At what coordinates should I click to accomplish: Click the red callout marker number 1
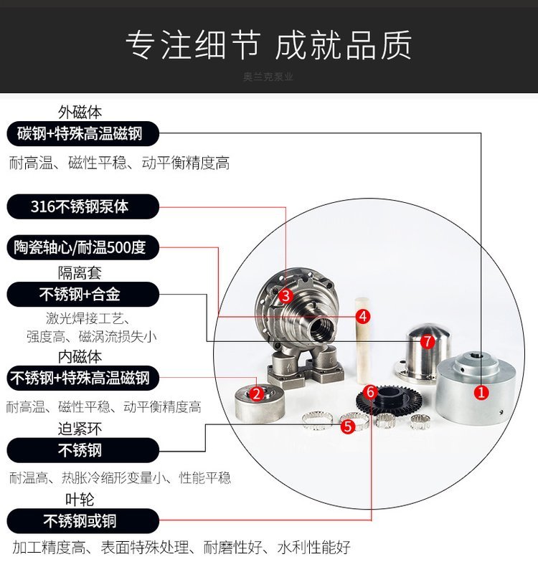[x=481, y=392]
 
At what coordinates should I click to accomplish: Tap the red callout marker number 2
[x=257, y=394]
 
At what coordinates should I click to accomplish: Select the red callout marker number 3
[x=285, y=296]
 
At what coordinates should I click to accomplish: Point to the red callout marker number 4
[x=363, y=316]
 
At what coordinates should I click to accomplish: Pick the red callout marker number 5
[x=348, y=427]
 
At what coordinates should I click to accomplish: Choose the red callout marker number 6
[x=370, y=391]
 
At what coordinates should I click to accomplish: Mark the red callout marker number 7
[x=428, y=341]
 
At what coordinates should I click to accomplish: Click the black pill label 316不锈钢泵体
[x=83, y=206]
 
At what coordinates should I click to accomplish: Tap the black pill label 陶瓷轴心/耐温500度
[x=83, y=247]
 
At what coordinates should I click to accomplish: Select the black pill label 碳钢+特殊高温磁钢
[x=83, y=133]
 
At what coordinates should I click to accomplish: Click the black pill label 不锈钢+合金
[x=83, y=295]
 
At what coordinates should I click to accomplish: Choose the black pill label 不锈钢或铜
[x=83, y=521]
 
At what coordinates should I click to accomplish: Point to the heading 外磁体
[x=80, y=113]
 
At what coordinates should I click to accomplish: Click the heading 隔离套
[x=80, y=273]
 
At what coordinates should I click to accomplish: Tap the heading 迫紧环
[x=80, y=429]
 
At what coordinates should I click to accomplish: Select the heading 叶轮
[x=80, y=500]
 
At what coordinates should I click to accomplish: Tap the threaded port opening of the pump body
[x=321, y=329]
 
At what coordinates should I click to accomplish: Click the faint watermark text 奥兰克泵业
[x=268, y=77]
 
